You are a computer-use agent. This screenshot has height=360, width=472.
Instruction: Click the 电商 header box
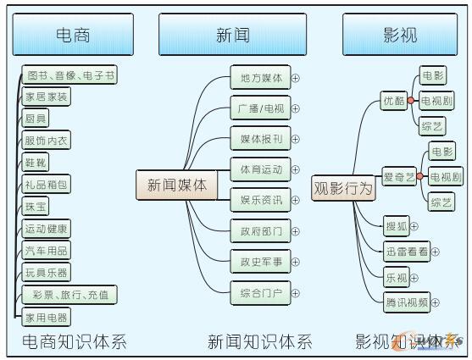(x=73, y=35)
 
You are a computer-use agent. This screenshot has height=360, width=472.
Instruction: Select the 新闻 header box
(x=232, y=35)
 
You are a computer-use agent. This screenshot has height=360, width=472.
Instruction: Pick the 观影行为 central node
(x=343, y=188)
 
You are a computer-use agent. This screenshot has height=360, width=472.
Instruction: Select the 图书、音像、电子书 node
(x=69, y=76)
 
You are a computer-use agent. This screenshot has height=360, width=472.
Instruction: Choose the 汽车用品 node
(x=47, y=251)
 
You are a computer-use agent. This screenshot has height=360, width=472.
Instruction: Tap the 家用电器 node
(x=47, y=318)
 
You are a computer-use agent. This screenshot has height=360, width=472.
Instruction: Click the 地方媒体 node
(x=260, y=78)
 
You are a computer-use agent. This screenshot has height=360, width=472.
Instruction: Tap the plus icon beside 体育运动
(x=296, y=169)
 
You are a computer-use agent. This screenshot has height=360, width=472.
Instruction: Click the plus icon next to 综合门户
(x=296, y=295)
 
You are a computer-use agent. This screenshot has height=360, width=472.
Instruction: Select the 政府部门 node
(x=260, y=230)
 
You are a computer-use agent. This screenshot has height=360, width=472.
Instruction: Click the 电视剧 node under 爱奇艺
(x=445, y=177)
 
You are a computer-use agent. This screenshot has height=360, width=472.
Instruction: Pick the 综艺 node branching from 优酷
(x=432, y=126)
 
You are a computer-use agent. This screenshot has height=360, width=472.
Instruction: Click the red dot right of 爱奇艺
(x=421, y=177)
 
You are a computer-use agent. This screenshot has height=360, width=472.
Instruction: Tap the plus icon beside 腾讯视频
(x=435, y=302)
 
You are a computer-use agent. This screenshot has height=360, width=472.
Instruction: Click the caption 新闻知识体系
(x=259, y=342)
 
